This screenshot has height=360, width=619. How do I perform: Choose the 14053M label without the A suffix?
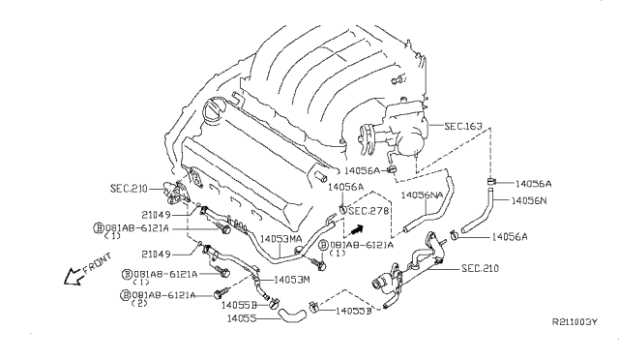pyautogui.click(x=291, y=280)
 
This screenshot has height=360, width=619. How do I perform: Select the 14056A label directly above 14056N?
pyautogui.click(x=533, y=182)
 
